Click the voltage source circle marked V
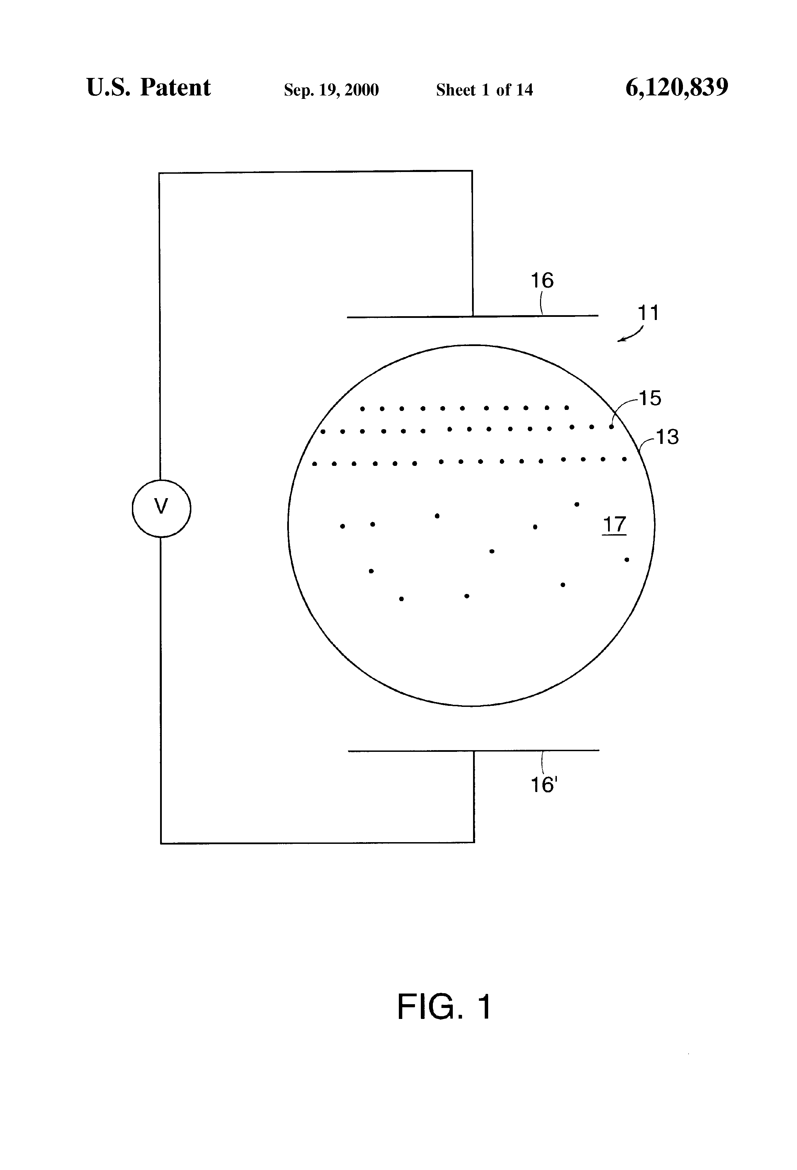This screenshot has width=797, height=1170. click(x=161, y=508)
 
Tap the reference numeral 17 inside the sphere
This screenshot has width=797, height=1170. click(x=614, y=525)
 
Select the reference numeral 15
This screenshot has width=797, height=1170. click(x=650, y=398)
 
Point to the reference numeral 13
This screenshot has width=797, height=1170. click(x=667, y=436)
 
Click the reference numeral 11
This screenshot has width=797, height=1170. click(x=648, y=313)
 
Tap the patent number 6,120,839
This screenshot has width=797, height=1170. click(x=677, y=87)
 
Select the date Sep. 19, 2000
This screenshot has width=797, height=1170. click(x=331, y=90)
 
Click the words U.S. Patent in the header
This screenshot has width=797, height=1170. click(x=149, y=87)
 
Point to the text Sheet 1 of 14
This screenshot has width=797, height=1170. click(x=484, y=90)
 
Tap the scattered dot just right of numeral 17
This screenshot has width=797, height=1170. click(x=627, y=559)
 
